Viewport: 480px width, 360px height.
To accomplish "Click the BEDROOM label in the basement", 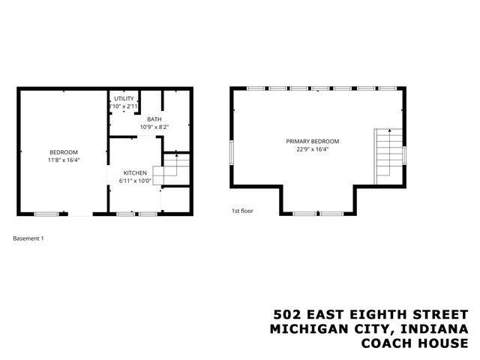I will click(58, 151).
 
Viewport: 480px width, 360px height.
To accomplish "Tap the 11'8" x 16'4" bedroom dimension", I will click(58, 159).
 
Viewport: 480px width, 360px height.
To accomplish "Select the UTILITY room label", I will click(124, 99).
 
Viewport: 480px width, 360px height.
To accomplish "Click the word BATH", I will click(154, 119).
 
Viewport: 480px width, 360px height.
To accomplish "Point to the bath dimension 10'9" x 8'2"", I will click(154, 127).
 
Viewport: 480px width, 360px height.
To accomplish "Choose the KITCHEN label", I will click(135, 172).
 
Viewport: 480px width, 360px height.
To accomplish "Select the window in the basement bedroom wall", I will click(46, 214).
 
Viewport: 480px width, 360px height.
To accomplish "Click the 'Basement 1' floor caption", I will click(29, 238).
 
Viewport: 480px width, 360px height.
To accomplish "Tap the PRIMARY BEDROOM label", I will click(312, 141).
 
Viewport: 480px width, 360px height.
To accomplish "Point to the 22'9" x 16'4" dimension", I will click(312, 148).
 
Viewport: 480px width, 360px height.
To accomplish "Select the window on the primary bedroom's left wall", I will click(232, 153).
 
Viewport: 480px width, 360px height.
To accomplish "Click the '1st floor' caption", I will click(242, 211).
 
